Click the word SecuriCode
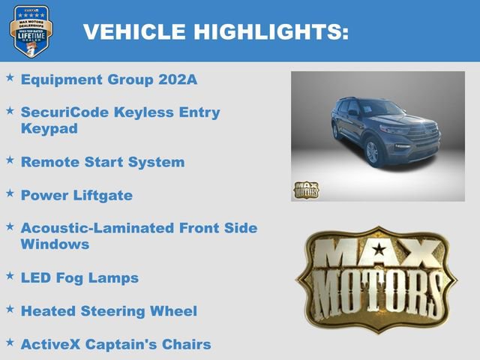point(65,112)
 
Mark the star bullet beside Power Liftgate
point(10,193)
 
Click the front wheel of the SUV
point(372,152)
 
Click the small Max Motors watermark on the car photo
point(305,190)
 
